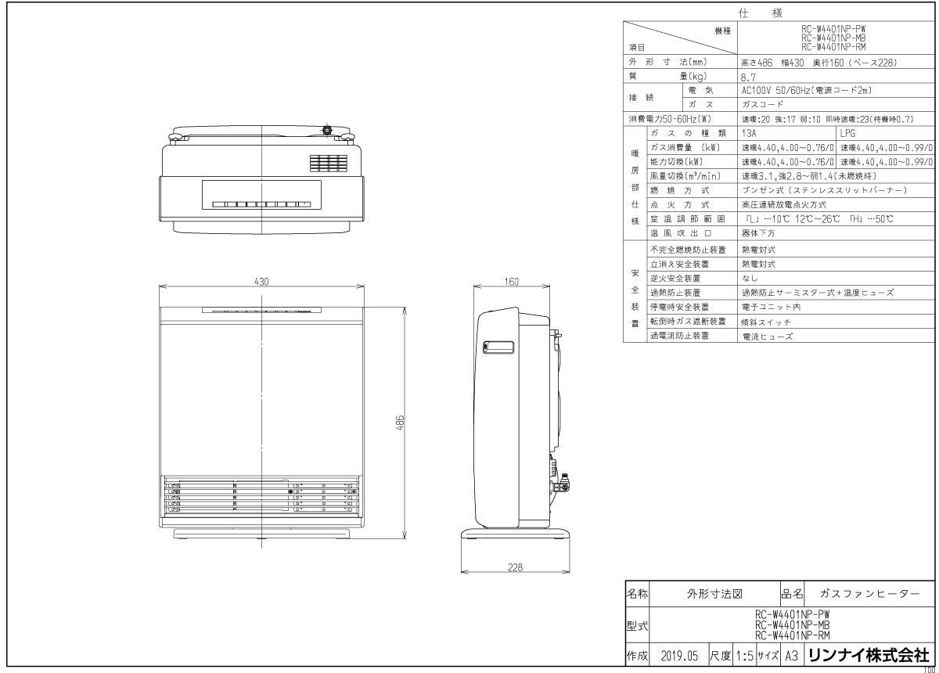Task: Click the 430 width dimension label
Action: [x=261, y=282]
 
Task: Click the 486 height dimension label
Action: [x=400, y=423]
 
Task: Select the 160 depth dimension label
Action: [x=512, y=282]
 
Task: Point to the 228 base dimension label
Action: [x=515, y=568]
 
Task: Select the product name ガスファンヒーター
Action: [x=869, y=594]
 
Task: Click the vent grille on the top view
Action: [x=327, y=164]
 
